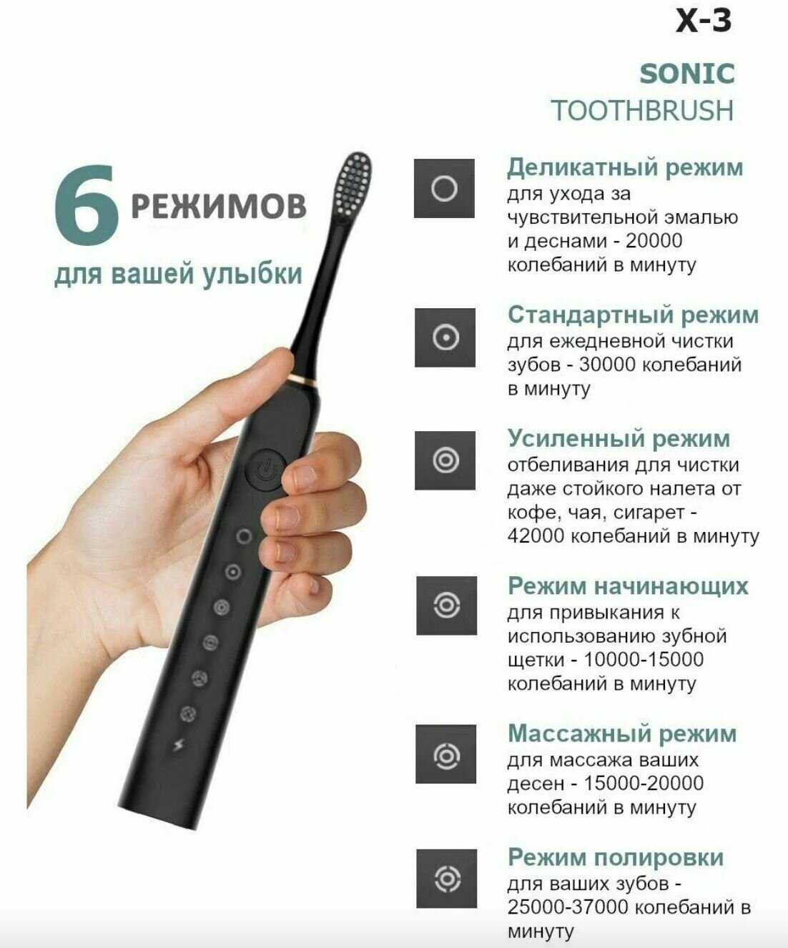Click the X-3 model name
pyautogui.click(x=704, y=21)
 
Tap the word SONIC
pyautogui.click(x=687, y=74)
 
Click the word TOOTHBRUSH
pyautogui.click(x=642, y=110)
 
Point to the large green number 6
pyautogui.click(x=86, y=204)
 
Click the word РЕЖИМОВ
pyautogui.click(x=219, y=206)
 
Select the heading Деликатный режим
pyautogui.click(x=625, y=167)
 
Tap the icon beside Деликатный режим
pyautogui.click(x=444, y=189)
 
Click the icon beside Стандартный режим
pyautogui.click(x=445, y=337)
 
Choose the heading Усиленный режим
pyautogui.click(x=619, y=438)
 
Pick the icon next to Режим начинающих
pyautogui.click(x=446, y=606)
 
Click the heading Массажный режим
pyautogui.click(x=622, y=734)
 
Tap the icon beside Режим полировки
pyautogui.click(x=446, y=879)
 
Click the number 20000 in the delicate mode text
pyautogui.click(x=654, y=241)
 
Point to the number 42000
pyautogui.click(x=536, y=535)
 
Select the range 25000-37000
pyautogui.click(x=568, y=907)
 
